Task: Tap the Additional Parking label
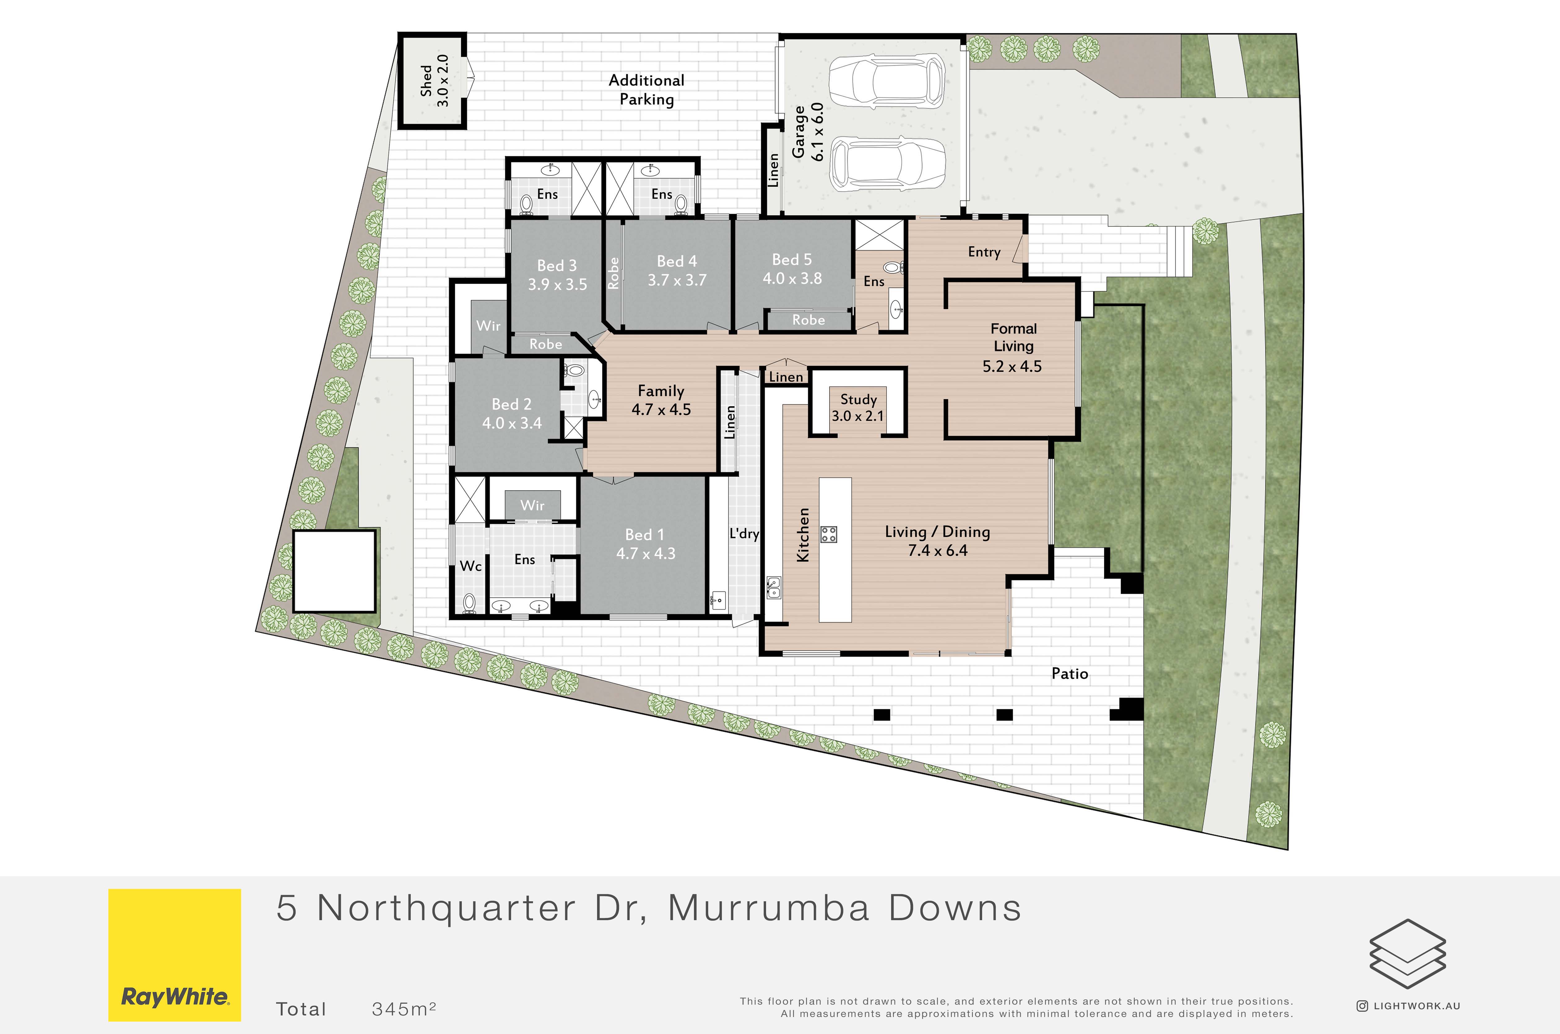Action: pyautogui.click(x=646, y=90)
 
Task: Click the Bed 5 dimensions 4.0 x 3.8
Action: pyautogui.click(x=792, y=278)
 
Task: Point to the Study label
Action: pyautogui.click(x=858, y=400)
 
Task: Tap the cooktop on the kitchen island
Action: pyautogui.click(x=829, y=534)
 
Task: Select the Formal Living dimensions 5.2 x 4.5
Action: pyautogui.click(x=1012, y=367)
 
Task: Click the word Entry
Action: pyautogui.click(x=984, y=252)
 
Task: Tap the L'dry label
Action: pyautogui.click(x=744, y=533)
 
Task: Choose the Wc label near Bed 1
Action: pyautogui.click(x=470, y=566)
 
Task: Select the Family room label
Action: pyautogui.click(x=661, y=391)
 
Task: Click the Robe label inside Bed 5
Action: pyautogui.click(x=809, y=320)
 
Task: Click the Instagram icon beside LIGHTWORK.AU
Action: pyautogui.click(x=1362, y=1006)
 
